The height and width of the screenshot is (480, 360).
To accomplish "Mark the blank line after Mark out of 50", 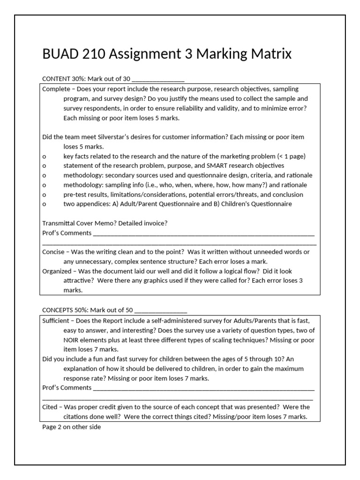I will pos(161,310).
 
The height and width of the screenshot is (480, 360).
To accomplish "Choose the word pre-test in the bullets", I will pos(75,194).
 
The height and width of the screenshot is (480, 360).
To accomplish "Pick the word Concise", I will pos(53,252).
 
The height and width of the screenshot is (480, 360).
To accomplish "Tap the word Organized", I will pos(57,271).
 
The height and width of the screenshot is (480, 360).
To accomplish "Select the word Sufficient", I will pos(56,320).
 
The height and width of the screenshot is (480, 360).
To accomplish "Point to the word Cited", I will pos(50,407).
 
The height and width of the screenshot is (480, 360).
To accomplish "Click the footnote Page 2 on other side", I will pos(71,427).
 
